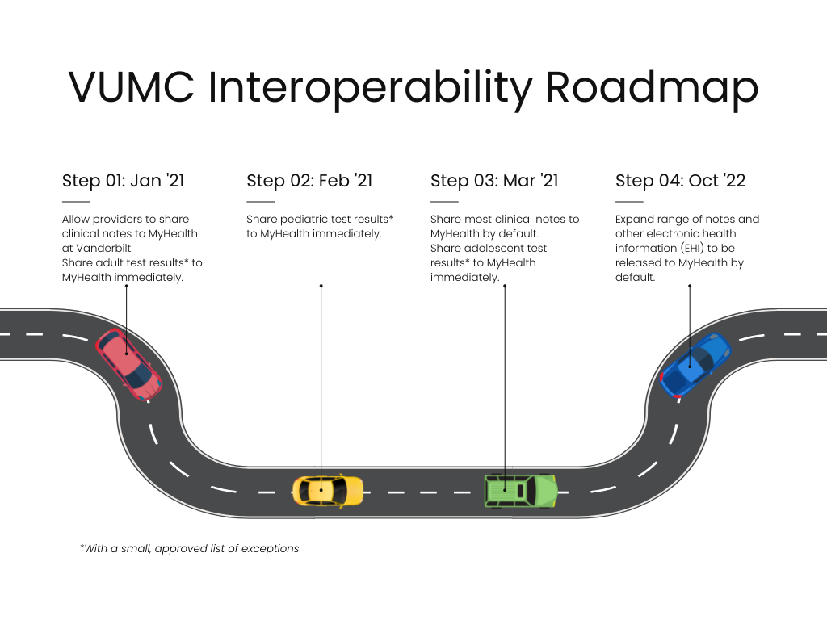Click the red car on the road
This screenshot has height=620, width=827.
(x=129, y=365)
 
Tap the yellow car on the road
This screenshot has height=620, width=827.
(x=328, y=490)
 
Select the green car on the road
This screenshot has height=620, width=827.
(x=520, y=490)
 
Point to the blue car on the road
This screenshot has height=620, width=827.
(x=695, y=365)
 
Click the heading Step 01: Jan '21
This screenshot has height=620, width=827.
(x=123, y=180)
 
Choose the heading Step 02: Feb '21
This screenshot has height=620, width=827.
(x=309, y=180)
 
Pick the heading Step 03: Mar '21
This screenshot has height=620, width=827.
(x=494, y=180)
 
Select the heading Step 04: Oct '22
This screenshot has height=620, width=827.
(x=680, y=180)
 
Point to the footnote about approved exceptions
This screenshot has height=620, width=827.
(x=189, y=549)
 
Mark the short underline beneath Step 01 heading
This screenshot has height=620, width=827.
(x=76, y=202)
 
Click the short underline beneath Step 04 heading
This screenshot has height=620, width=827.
(x=629, y=202)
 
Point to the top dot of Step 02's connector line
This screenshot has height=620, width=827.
(x=321, y=286)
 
